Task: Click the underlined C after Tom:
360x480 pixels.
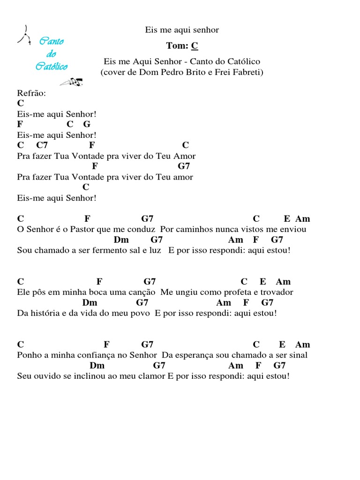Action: pyautogui.click(x=195, y=45)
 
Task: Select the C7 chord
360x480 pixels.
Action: pyautogui.click(x=42, y=145)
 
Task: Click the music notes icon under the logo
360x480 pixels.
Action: pyautogui.click(x=72, y=82)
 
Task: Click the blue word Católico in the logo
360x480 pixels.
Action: pyautogui.click(x=52, y=66)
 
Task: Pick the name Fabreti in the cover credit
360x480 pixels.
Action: pyautogui.click(x=248, y=72)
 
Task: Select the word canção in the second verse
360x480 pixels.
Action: pyautogui.click(x=142, y=292)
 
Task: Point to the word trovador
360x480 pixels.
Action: pyautogui.click(x=276, y=292)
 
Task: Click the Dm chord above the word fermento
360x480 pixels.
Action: pyautogui.click(x=121, y=240)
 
